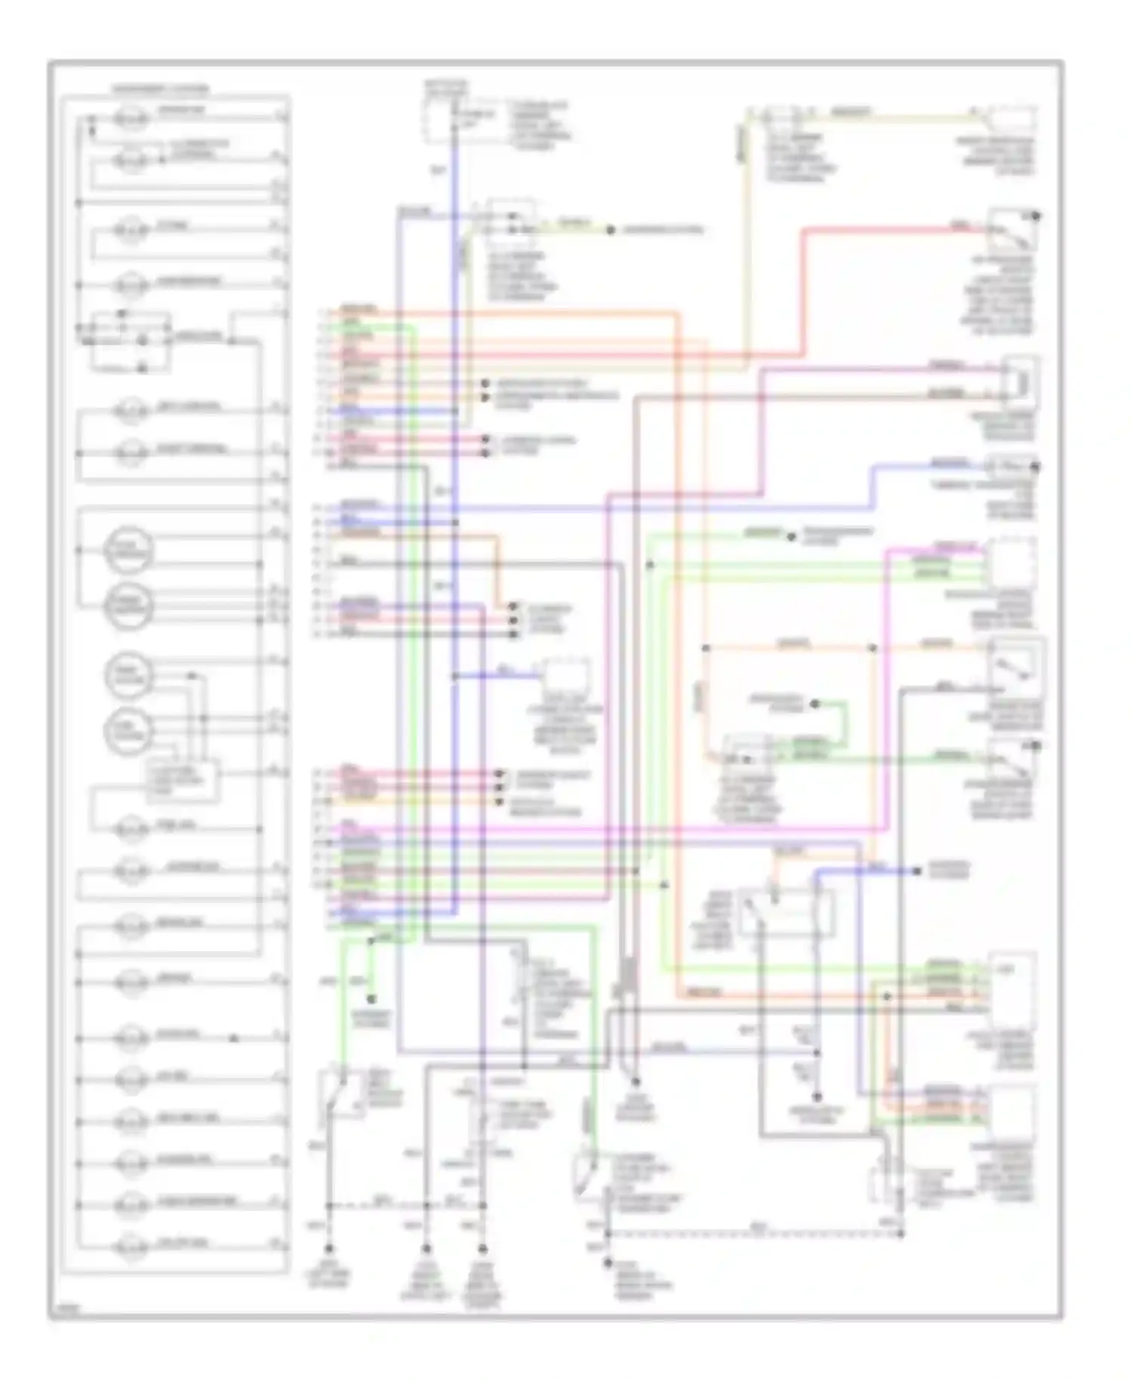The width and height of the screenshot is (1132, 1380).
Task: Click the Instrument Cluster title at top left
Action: click(160, 89)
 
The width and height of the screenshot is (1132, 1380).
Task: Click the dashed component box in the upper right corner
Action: click(1012, 121)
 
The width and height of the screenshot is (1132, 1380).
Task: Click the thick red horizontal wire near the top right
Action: click(891, 229)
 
